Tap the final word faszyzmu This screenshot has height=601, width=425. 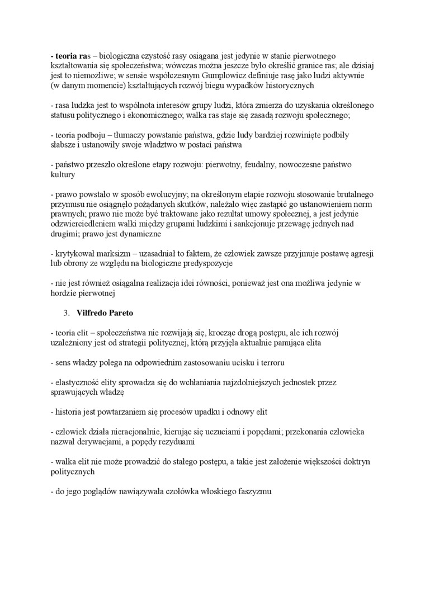pyautogui.click(x=251, y=493)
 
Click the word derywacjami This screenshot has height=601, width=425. pyautogui.click(x=100, y=442)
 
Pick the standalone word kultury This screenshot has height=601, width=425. pyautogui.click(x=63, y=174)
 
